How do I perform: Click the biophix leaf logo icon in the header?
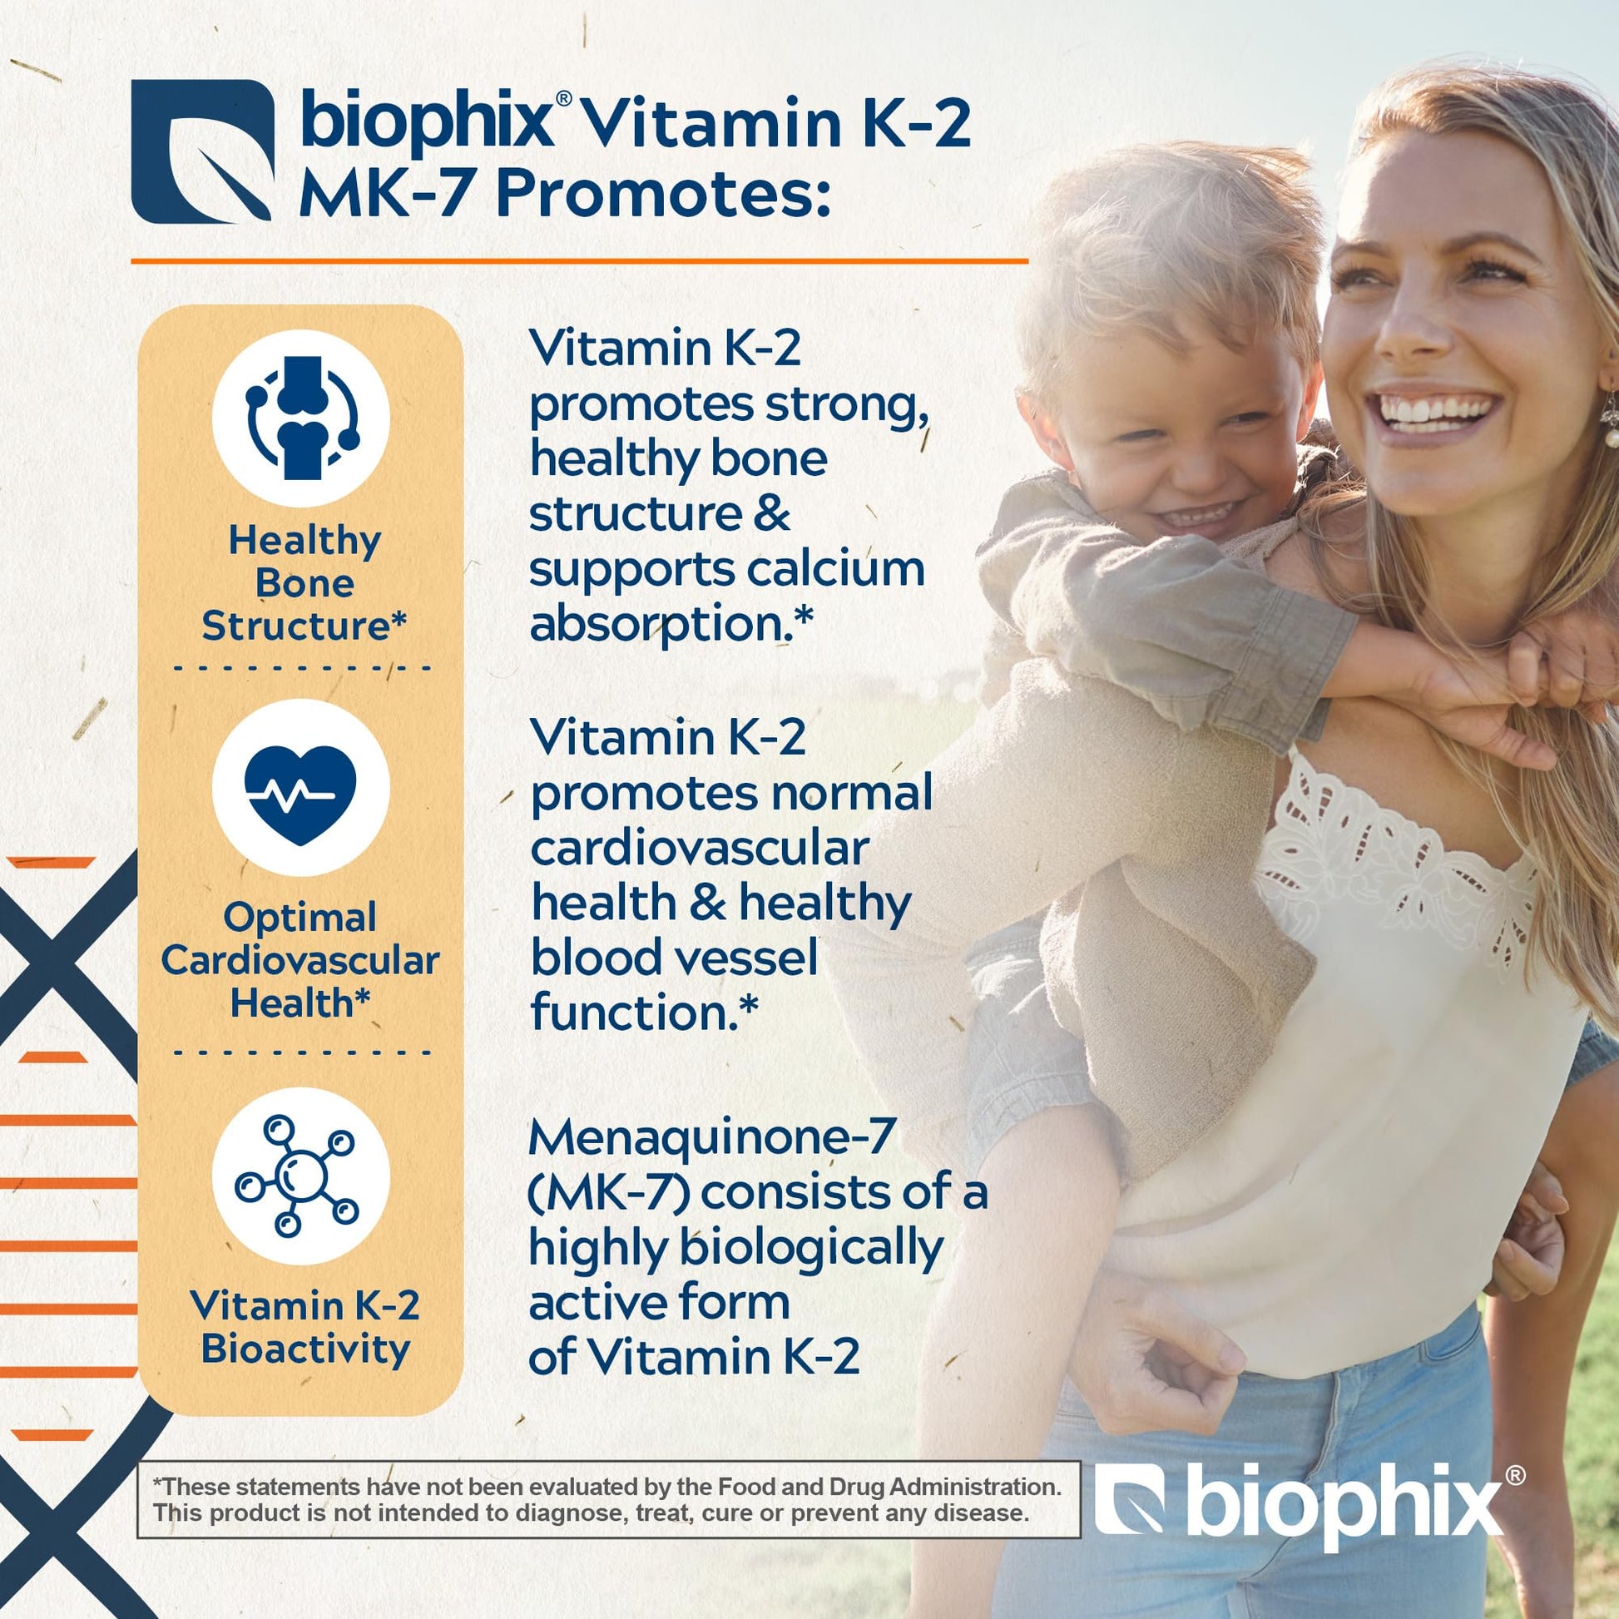point(203,151)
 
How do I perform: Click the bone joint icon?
point(301,418)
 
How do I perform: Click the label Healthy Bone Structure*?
point(304,583)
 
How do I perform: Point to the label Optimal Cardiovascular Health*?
point(300,960)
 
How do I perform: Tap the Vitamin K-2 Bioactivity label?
point(305,1326)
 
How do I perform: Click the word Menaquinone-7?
point(712,1139)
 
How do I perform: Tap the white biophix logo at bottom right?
point(1309,1508)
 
